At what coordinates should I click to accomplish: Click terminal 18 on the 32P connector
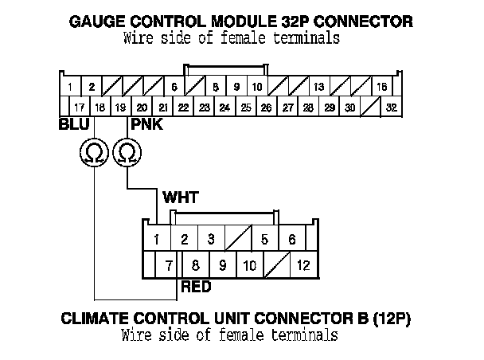(100, 107)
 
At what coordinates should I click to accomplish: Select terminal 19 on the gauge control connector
(120, 107)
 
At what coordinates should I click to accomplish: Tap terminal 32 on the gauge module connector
(392, 107)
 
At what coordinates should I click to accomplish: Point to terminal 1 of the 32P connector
(71, 86)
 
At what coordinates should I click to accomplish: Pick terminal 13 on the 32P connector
(318, 86)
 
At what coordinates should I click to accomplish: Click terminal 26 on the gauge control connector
(266, 107)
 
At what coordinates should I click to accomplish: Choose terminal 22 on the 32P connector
(183, 107)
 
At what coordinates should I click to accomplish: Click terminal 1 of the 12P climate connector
(158, 238)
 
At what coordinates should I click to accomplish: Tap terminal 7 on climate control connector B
(169, 265)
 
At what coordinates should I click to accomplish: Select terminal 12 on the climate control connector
(302, 265)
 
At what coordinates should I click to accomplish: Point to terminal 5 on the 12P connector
(264, 238)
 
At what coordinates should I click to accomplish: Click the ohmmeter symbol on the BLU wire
(94, 151)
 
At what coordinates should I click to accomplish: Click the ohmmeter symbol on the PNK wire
(126, 151)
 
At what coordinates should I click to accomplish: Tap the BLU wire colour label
(73, 126)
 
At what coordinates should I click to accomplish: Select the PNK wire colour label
(144, 126)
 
